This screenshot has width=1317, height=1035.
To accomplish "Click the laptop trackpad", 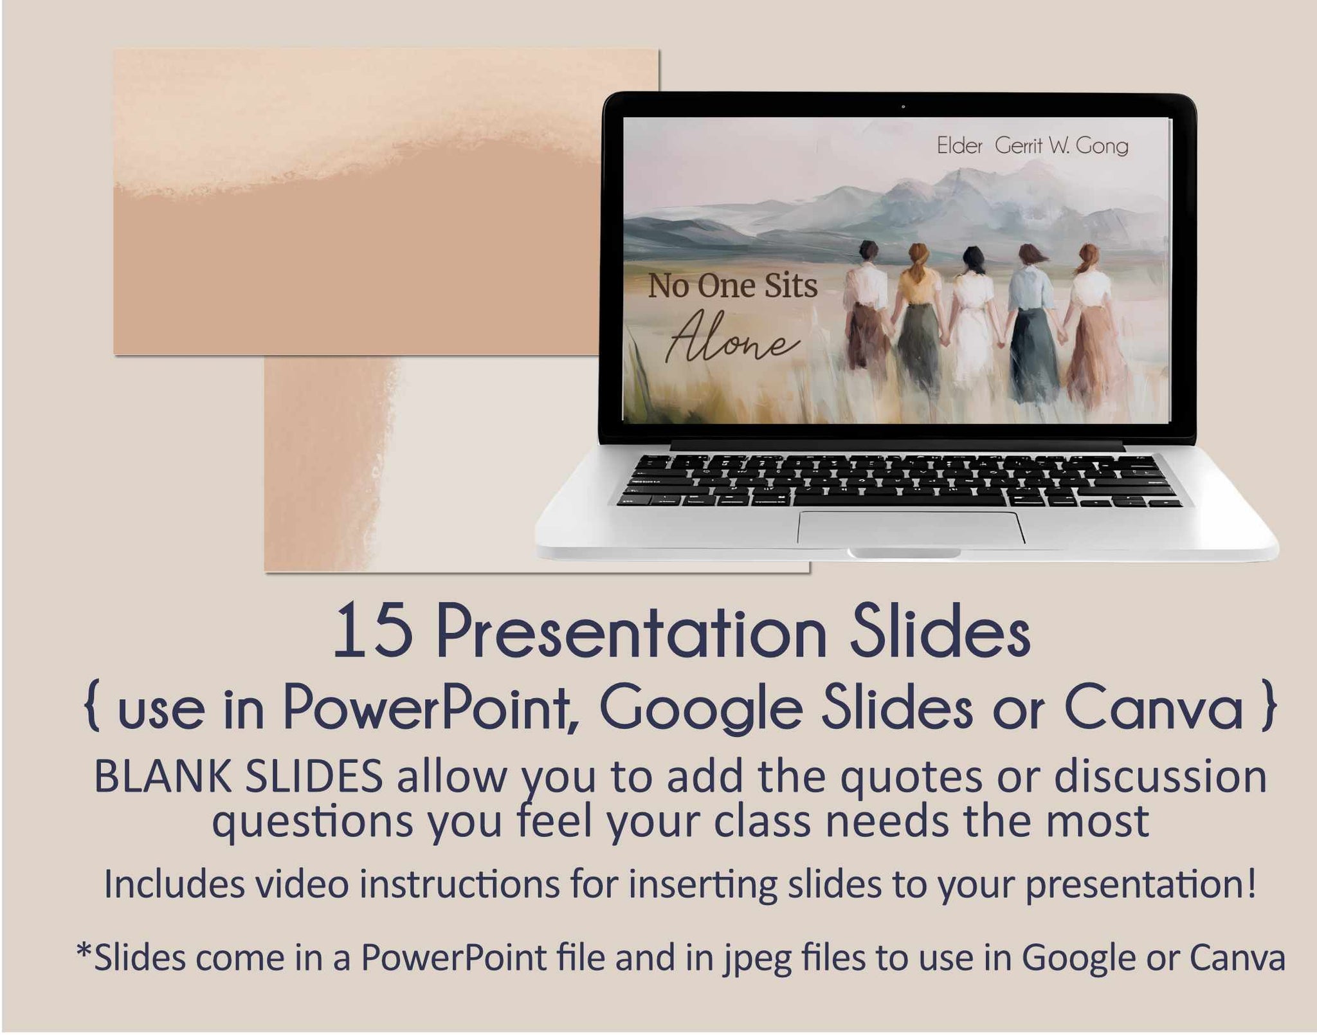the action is tap(911, 527).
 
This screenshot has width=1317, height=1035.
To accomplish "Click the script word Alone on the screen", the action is tap(732, 338).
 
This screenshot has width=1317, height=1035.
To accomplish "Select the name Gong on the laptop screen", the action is tap(1102, 146).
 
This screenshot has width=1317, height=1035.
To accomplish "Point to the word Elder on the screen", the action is tap(959, 146).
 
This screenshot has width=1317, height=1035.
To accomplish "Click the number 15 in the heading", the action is tap(373, 632).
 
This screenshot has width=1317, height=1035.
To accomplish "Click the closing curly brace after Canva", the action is tap(1268, 709).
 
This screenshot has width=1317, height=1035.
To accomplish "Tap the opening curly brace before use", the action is tap(93, 709).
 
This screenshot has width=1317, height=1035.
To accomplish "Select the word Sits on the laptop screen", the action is tap(791, 285).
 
